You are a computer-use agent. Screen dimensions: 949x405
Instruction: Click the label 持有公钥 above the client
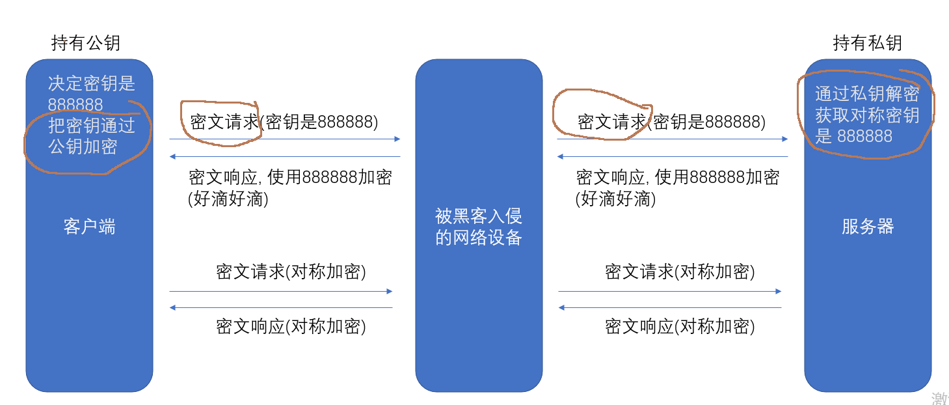pos(86,43)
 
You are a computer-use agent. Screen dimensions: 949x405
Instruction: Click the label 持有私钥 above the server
pos(867,43)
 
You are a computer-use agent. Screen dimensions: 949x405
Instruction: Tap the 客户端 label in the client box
pos(89,227)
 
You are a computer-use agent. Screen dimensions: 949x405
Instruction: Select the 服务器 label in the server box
pos(868,227)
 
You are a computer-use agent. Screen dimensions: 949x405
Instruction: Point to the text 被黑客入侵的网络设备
pos(479,227)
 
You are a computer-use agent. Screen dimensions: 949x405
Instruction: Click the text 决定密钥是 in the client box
pos(92,83)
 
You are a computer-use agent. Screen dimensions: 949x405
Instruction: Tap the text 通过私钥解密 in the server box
pos(867,94)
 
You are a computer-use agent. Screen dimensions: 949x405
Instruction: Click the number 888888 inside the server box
pos(864,136)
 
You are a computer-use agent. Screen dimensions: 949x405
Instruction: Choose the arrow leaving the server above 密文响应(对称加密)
pos(670,307)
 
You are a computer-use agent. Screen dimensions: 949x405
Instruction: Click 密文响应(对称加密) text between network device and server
pos(680,326)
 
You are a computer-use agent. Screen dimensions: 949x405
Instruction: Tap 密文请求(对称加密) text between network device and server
pos(680,272)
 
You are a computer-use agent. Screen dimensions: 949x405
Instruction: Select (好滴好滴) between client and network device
pos(228,199)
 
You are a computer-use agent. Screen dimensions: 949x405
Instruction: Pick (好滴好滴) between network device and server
pos(615,199)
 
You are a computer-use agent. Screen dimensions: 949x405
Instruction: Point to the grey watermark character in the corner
pos(940,398)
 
